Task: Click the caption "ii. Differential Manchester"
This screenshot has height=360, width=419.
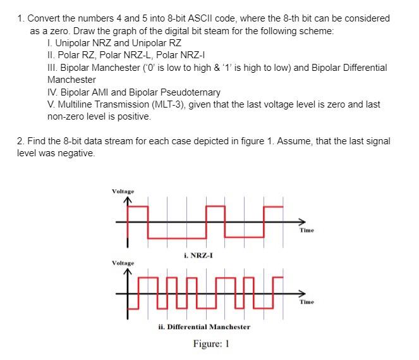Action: [204, 326]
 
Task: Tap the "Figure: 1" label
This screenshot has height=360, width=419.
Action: [210, 345]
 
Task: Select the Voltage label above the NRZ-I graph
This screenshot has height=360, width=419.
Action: [123, 190]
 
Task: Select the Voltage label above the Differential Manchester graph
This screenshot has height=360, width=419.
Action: [123, 262]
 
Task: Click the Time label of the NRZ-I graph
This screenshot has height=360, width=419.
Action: [307, 230]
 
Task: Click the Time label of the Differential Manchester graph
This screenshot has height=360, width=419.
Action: [307, 302]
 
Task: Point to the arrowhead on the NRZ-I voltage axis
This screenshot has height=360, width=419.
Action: [127, 201]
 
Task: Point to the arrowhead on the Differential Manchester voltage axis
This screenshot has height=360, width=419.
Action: [127, 272]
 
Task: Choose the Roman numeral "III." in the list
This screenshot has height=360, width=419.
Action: [53, 68]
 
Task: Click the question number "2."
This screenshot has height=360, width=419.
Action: [21, 141]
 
